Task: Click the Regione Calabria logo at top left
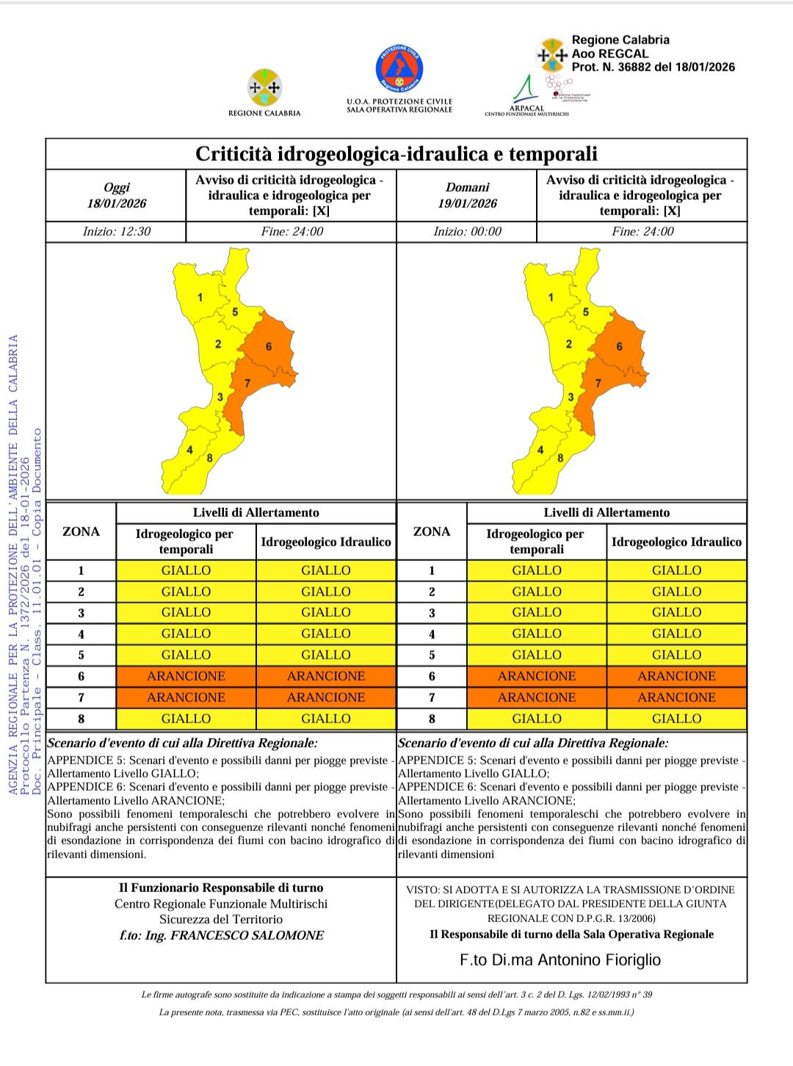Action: (264, 88)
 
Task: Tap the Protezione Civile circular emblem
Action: (399, 68)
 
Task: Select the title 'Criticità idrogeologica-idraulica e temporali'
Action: (396, 154)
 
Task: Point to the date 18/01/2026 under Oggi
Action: (117, 203)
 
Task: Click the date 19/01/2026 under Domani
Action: (467, 203)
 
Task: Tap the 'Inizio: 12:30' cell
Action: (117, 231)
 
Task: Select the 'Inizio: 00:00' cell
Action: (467, 231)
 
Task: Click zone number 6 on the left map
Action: (269, 347)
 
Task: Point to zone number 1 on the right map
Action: (551, 297)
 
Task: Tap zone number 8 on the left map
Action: (210, 458)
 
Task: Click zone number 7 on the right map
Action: (598, 382)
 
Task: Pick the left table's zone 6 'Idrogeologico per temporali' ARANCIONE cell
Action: (186, 676)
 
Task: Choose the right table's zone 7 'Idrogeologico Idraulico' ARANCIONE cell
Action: (676, 697)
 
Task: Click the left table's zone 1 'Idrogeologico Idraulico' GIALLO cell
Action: (326, 570)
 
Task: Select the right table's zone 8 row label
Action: (432, 719)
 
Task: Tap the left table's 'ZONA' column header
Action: (81, 532)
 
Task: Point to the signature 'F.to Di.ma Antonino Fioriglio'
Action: (560, 960)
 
